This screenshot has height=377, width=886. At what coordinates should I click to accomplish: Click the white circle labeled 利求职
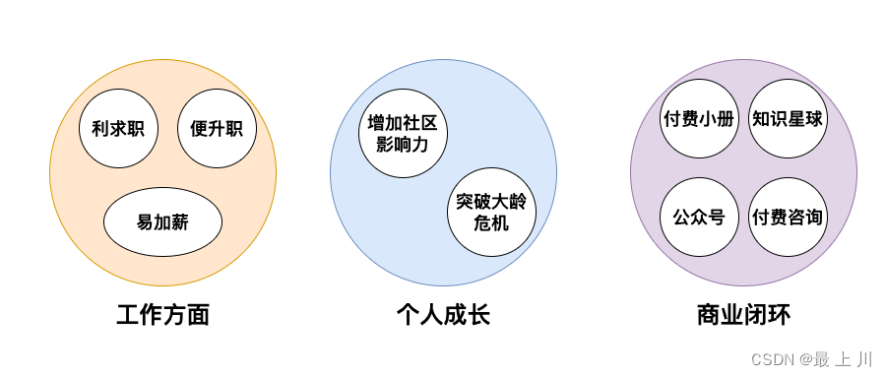[118, 128]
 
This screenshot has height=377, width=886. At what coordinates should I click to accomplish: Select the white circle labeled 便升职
[217, 128]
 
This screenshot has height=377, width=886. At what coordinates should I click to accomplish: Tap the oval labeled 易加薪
[162, 221]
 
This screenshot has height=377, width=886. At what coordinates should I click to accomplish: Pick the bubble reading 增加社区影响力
[402, 135]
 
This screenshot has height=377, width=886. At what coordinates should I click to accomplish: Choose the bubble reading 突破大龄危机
[491, 212]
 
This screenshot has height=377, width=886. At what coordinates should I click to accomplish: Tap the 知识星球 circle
[788, 119]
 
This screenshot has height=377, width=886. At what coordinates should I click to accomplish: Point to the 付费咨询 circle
[788, 217]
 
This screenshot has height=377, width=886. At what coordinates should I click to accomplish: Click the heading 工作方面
[162, 315]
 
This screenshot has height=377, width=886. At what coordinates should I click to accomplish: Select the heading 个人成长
[443, 315]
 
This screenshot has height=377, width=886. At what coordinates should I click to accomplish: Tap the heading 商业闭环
[743, 315]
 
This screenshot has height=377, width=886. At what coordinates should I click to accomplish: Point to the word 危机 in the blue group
[491, 223]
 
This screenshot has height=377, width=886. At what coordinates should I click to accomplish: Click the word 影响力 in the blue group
[402, 146]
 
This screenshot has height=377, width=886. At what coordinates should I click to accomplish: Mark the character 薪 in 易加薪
[179, 221]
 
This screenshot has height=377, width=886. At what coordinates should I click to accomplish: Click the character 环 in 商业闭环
[779, 315]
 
